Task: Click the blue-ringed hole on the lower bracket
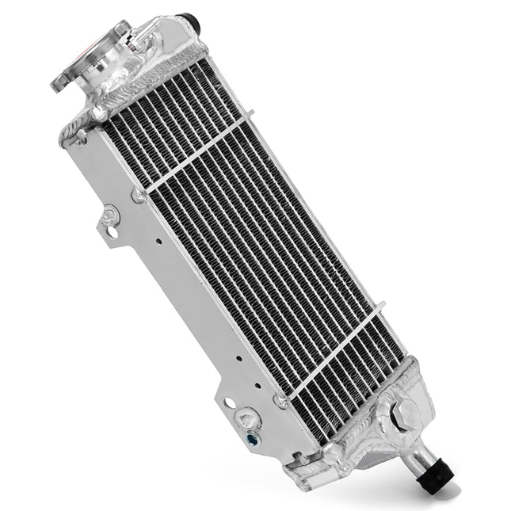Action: click(251, 437)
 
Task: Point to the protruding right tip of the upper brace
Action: click(247, 121)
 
